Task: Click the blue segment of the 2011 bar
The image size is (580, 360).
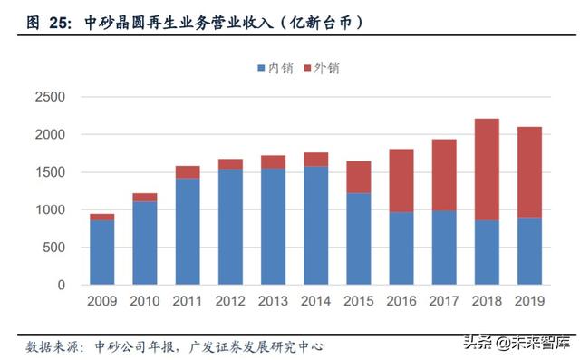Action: [x=187, y=231]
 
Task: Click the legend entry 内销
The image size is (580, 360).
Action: [x=267, y=68]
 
